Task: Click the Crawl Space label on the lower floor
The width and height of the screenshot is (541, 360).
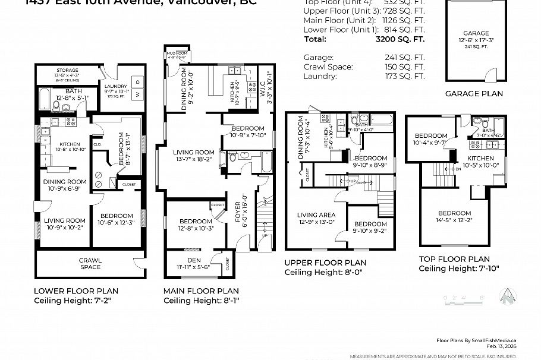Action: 90,263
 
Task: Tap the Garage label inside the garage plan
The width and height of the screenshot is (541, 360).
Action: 476,34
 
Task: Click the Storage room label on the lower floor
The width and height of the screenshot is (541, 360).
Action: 68,70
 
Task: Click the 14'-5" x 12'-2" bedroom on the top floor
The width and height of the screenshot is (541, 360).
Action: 455,213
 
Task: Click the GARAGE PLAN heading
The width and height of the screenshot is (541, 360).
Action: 474,93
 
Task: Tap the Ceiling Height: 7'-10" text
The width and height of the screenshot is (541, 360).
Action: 459,269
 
